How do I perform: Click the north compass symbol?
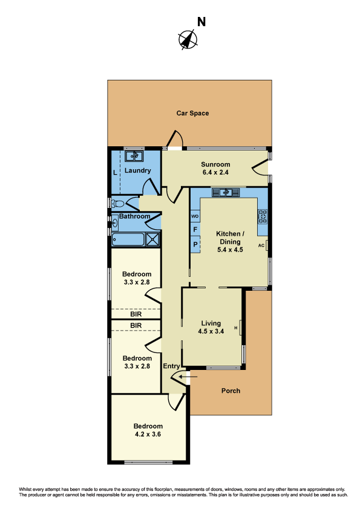coord(188,40)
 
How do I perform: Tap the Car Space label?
coord(192,113)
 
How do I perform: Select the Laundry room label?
coord(138,171)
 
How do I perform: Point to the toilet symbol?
coord(118,203)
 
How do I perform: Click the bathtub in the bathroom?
coord(128,239)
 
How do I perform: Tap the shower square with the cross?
coord(153,239)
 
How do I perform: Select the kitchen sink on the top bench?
coord(225,193)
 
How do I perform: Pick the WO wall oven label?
coord(195,216)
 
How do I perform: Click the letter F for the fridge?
coord(195,230)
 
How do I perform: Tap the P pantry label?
coord(195,244)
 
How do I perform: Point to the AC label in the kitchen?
coord(261,245)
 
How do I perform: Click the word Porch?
coord(231,391)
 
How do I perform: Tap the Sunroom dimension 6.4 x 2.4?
coord(216,173)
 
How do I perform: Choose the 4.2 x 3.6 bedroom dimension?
coord(148,433)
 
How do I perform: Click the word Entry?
coord(172,366)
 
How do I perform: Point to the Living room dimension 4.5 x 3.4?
coord(211,331)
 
